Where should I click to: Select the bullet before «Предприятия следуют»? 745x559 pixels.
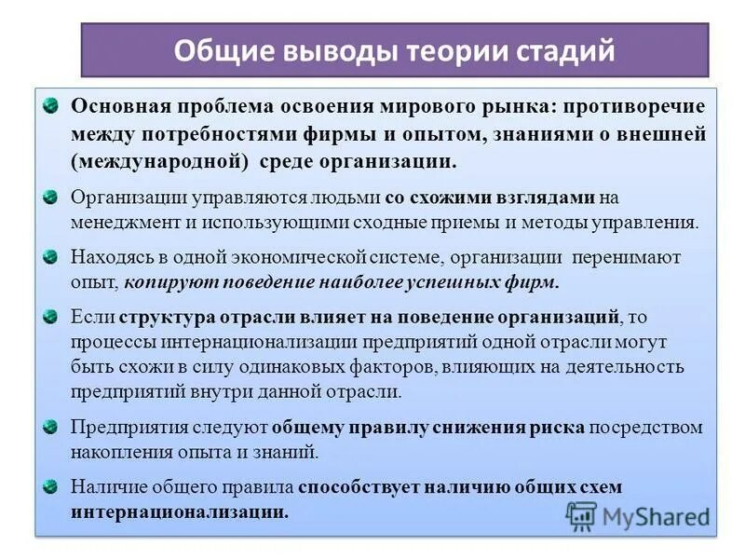pyautogui.click(x=53, y=425)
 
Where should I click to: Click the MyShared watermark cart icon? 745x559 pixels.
pyautogui.click(x=581, y=515)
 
